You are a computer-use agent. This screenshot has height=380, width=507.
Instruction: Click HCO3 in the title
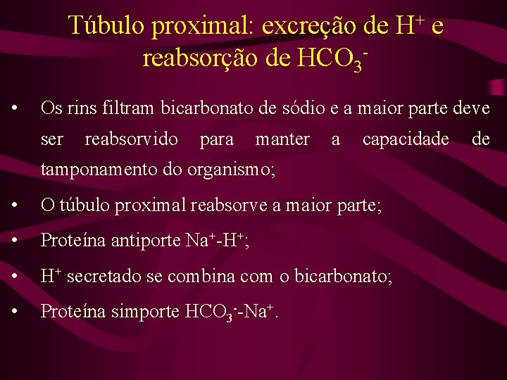click(329, 58)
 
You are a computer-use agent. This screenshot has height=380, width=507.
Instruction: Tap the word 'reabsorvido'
click(132, 139)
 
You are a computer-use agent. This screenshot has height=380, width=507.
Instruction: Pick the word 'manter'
click(282, 139)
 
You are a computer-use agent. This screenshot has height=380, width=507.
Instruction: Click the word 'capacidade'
click(406, 139)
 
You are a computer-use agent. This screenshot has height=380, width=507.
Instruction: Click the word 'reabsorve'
click(223, 206)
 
